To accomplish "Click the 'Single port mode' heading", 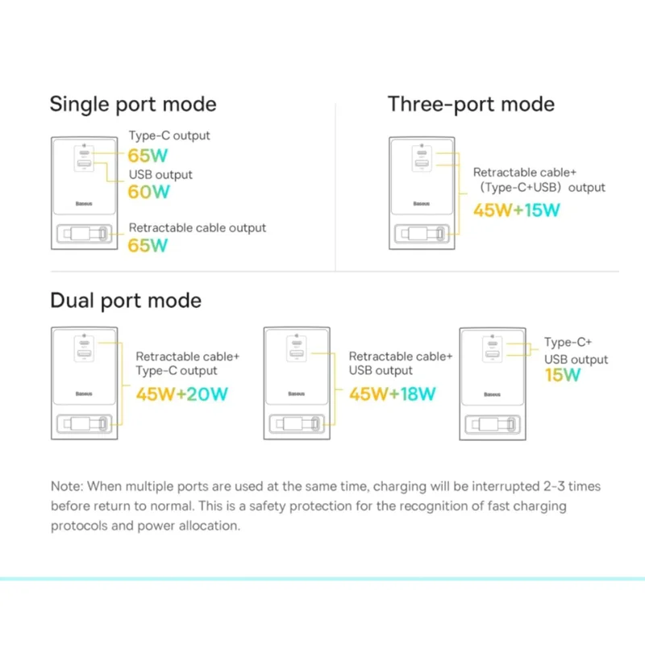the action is (x=133, y=104).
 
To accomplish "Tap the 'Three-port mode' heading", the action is (x=471, y=104).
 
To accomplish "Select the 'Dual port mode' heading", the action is (x=126, y=301).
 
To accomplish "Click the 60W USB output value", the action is (x=148, y=192).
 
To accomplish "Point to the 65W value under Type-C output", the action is (x=148, y=156).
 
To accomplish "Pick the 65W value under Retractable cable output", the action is (x=148, y=246).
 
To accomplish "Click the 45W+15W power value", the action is (x=517, y=210).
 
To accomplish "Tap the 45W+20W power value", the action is (x=182, y=394).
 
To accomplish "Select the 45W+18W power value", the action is (x=393, y=394).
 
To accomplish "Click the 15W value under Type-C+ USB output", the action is (x=562, y=375).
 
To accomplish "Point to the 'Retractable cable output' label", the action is (x=198, y=228).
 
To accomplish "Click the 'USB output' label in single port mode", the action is (x=160, y=175).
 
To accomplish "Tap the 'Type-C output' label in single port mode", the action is (x=169, y=135).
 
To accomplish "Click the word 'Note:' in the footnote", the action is (x=67, y=486).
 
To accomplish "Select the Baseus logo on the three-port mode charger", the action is (x=421, y=204).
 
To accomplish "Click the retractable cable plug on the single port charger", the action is (x=85, y=234).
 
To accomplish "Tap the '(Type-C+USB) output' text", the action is (x=543, y=188).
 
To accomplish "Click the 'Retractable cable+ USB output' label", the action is (x=401, y=364).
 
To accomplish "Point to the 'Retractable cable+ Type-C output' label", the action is (x=188, y=364).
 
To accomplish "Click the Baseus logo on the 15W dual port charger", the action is (x=492, y=394).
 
